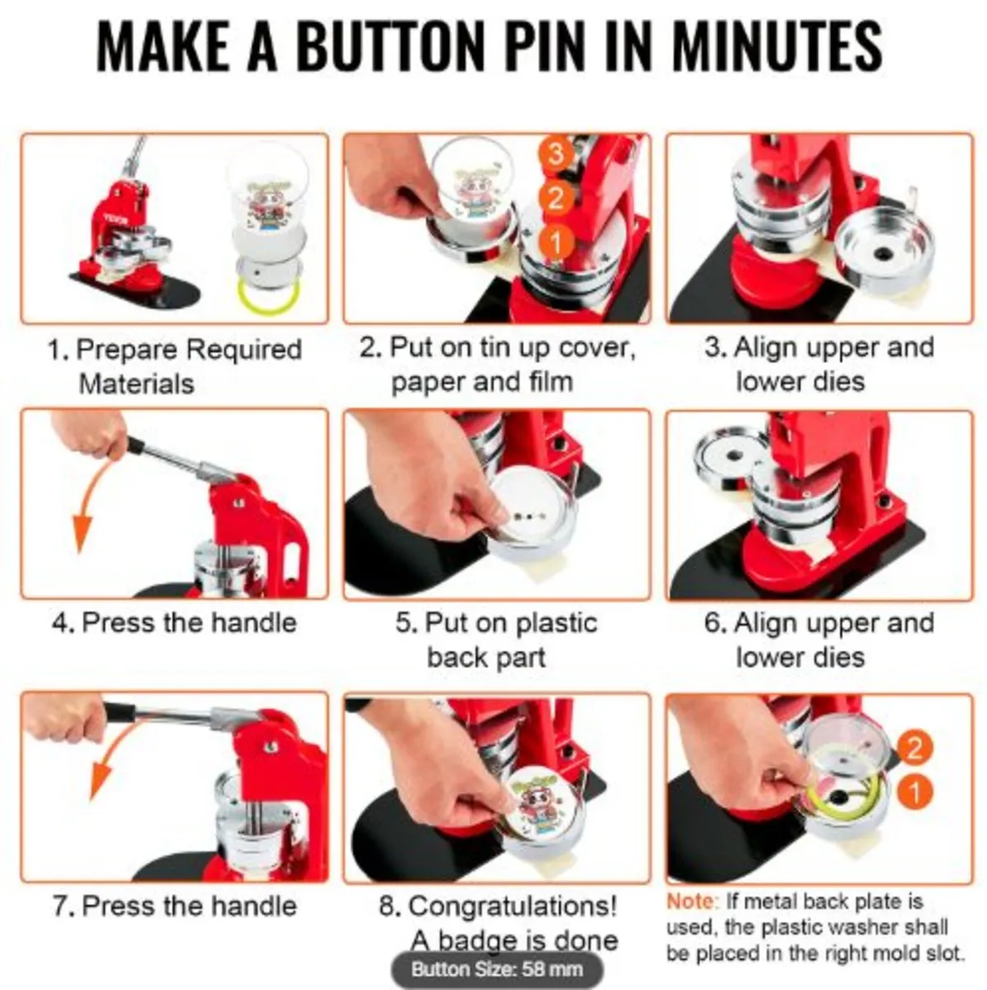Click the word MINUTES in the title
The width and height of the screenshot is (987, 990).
(777, 47)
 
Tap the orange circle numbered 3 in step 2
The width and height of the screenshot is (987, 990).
(555, 154)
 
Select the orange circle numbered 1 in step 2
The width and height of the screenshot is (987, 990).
(555, 242)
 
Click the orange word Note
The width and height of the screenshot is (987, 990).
(692, 902)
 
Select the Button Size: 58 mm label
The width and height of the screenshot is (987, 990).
(496, 969)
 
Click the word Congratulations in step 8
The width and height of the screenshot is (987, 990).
(512, 907)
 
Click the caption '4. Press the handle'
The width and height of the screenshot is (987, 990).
(174, 622)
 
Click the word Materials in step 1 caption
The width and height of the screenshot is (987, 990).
(136, 384)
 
